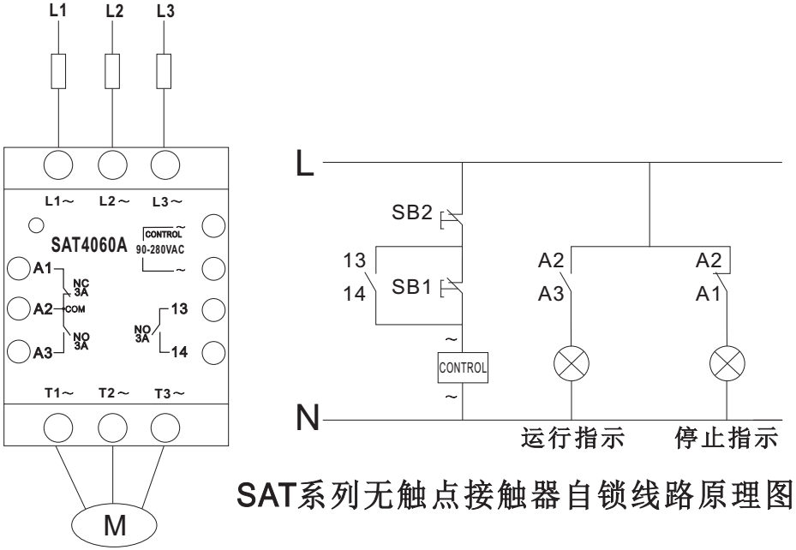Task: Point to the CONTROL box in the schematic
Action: pyautogui.click(x=463, y=369)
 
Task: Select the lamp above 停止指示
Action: pyautogui.click(x=727, y=366)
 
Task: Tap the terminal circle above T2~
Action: pyautogui.click(x=111, y=425)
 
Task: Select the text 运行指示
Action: pyautogui.click(x=572, y=440)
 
